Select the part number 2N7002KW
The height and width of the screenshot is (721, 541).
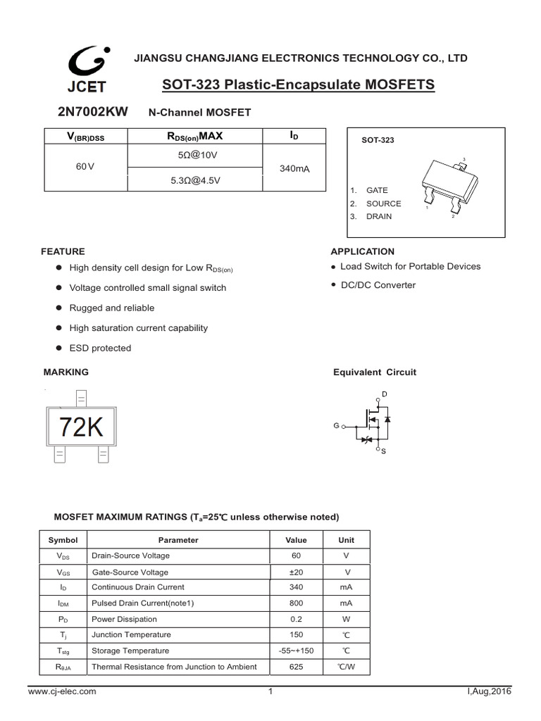pos(88,111)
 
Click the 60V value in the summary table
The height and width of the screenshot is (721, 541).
pos(85,167)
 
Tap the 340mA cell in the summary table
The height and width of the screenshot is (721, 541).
pos(294,169)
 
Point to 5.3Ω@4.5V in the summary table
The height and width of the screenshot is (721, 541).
pos(195,180)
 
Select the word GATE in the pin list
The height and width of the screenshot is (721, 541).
pos(377,190)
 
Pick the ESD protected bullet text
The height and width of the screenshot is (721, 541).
pos(100,348)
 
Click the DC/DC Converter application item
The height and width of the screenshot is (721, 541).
pos(378,285)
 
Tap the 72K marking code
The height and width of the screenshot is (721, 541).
pos(81,427)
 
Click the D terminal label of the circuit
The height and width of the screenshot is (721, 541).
pos(384,393)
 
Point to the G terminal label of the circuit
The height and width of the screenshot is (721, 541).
pos(336,426)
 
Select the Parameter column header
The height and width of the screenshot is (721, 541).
pos(178,540)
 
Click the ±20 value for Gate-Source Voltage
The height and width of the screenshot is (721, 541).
pos(296,572)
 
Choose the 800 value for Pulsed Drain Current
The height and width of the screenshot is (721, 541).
pos(296,603)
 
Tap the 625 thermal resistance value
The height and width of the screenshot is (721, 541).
pos(296,667)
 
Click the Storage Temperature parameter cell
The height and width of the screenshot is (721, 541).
pos(130,651)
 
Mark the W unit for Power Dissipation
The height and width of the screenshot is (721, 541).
pos(346,620)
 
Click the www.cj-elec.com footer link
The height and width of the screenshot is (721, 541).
pos(62,692)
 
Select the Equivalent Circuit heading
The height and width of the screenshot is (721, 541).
pos(374,372)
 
